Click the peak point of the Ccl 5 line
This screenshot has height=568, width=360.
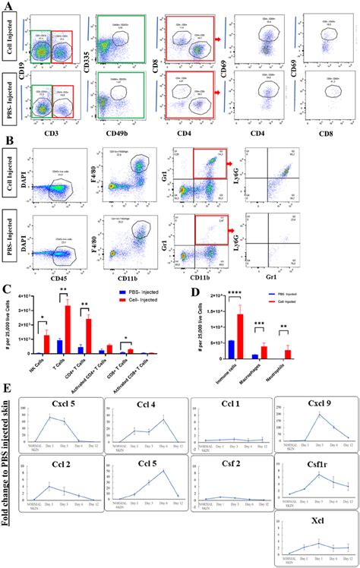click(166, 471)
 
